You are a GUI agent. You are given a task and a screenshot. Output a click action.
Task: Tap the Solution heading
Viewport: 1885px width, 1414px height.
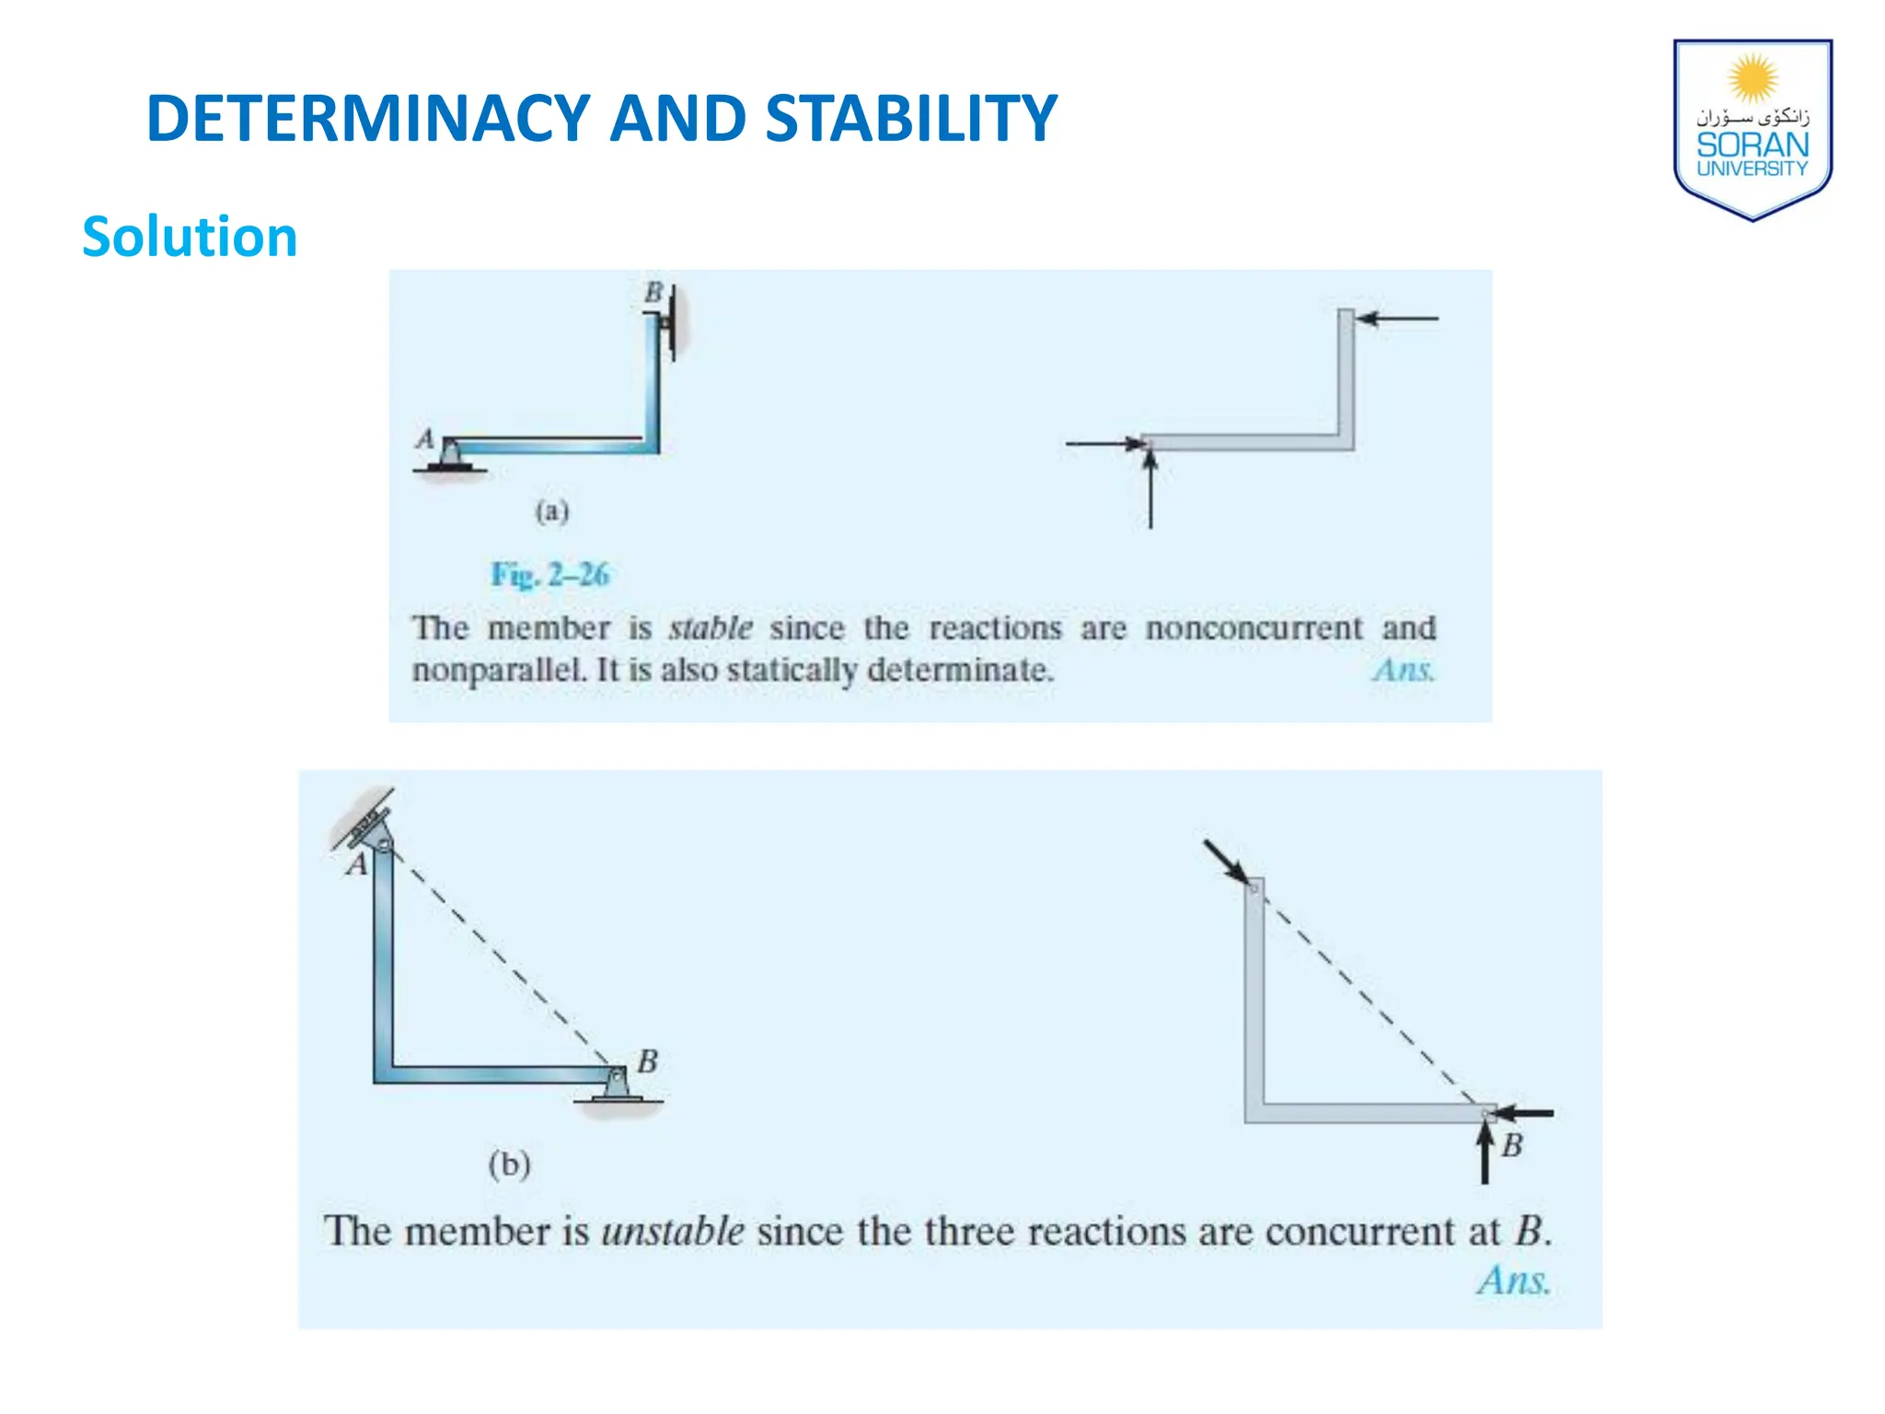tap(190, 237)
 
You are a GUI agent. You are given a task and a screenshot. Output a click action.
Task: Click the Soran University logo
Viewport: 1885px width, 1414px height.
tap(1752, 129)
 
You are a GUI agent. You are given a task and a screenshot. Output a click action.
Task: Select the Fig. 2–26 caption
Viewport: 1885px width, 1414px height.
tap(549, 574)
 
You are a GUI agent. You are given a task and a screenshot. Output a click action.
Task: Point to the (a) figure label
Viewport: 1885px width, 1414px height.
tap(552, 511)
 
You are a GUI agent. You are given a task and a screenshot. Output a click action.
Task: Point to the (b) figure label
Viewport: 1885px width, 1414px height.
tap(509, 1165)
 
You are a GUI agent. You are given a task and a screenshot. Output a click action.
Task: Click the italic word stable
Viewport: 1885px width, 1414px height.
tap(711, 628)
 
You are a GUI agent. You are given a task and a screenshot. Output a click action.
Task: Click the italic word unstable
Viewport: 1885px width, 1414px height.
tap(673, 1232)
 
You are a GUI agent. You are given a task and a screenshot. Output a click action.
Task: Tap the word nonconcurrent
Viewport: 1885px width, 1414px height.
tap(1254, 628)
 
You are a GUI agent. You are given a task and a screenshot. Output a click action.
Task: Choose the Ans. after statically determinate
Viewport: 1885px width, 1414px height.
tap(1403, 670)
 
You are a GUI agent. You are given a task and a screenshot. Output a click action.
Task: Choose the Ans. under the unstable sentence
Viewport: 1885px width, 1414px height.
tap(1514, 1281)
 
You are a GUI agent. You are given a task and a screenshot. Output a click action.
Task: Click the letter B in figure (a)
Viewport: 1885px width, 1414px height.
tap(653, 292)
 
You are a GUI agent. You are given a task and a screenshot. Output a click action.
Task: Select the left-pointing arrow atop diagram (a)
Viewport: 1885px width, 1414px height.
tap(1397, 319)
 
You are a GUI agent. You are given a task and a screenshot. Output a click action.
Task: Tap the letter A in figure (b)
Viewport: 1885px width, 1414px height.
tap(356, 865)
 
